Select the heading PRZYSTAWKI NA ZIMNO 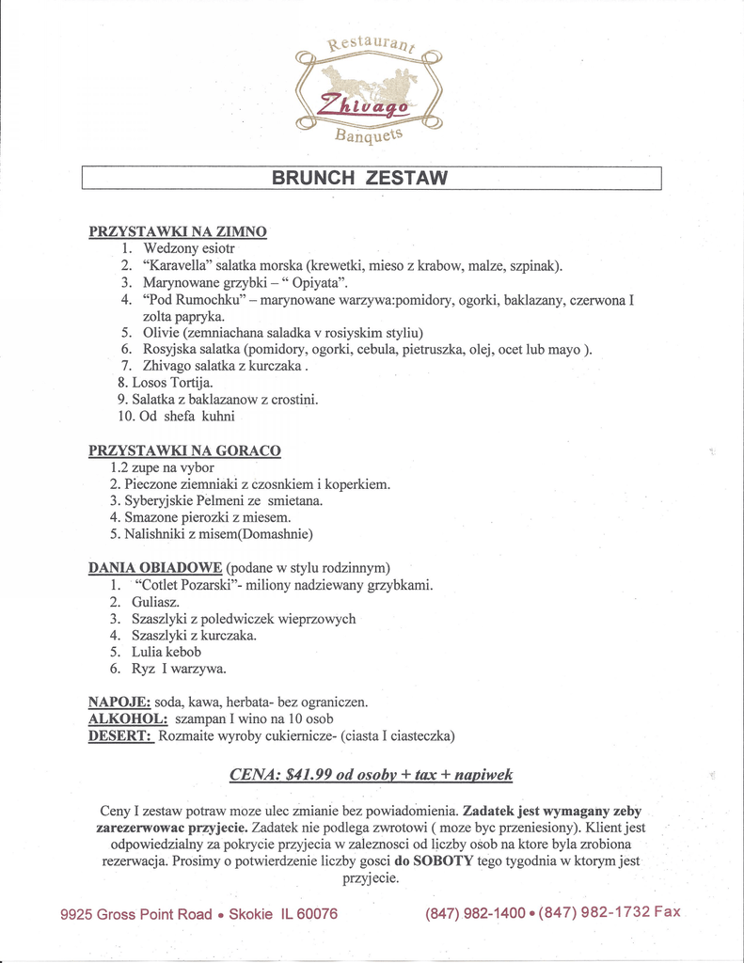pyautogui.click(x=178, y=231)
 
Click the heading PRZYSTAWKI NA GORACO pyautogui.click(x=184, y=450)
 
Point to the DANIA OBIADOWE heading pyautogui.click(x=155, y=567)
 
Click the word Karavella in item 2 pyautogui.click(x=177, y=265)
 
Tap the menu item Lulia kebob pyautogui.click(x=166, y=652)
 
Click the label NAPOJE pyautogui.click(x=119, y=702)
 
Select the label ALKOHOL pyautogui.click(x=127, y=718)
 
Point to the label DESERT pyautogui.click(x=120, y=735)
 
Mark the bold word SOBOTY pyautogui.click(x=443, y=860)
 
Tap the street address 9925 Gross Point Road pyautogui.click(x=136, y=914)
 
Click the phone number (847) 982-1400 pyautogui.click(x=475, y=913)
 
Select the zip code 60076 pyautogui.click(x=316, y=914)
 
